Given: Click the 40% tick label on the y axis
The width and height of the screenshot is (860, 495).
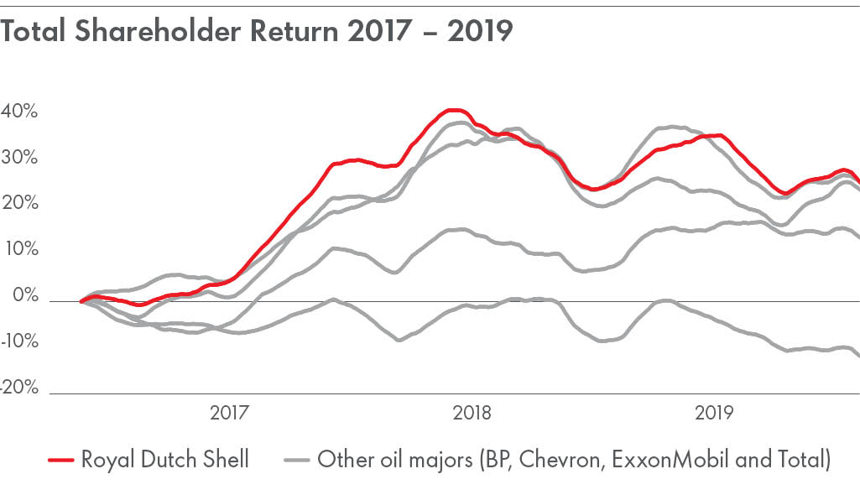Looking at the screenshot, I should pyautogui.click(x=19, y=112).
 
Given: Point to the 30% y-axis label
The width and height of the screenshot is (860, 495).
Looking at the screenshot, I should pyautogui.click(x=19, y=158).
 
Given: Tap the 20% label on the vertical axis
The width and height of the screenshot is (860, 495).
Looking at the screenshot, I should pyautogui.click(x=19, y=204).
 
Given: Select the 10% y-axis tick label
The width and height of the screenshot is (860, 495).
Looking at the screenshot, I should pyautogui.click(x=19, y=250).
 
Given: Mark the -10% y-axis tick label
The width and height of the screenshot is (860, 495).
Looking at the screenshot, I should pyautogui.click(x=19, y=342).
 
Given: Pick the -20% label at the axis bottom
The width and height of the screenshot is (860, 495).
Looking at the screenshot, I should pyautogui.click(x=19, y=388).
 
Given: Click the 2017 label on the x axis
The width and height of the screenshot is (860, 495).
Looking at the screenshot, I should pyautogui.click(x=227, y=414).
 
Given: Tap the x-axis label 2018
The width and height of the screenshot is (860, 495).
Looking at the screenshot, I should pyautogui.click(x=471, y=414).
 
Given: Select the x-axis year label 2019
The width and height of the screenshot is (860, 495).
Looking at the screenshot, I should pyautogui.click(x=714, y=414).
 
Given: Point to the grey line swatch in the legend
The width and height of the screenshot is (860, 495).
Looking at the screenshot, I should pyautogui.click(x=297, y=461).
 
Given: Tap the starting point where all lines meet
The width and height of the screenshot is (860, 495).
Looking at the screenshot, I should pyautogui.click(x=81, y=301).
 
